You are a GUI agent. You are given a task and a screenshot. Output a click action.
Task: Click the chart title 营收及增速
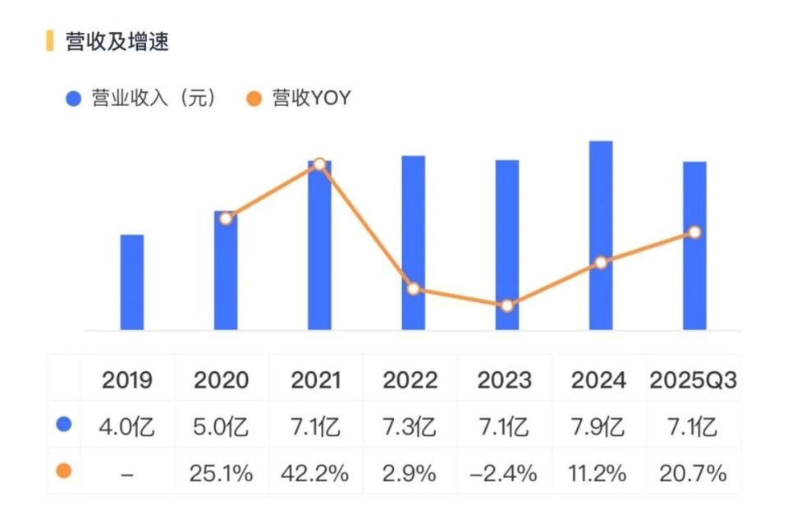(x=117, y=42)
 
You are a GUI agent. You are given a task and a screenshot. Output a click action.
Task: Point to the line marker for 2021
(x=319, y=164)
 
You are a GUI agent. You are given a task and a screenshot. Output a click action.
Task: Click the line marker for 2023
(x=507, y=306)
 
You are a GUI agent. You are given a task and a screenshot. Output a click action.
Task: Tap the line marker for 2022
(x=413, y=289)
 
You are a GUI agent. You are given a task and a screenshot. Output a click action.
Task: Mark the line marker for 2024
(x=601, y=263)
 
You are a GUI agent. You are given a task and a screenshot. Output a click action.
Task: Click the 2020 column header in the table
(x=221, y=381)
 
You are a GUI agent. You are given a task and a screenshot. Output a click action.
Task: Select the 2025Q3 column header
(x=694, y=381)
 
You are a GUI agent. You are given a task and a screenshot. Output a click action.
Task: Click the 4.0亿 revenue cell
(x=127, y=427)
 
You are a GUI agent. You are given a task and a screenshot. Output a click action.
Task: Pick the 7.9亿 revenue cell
(x=598, y=427)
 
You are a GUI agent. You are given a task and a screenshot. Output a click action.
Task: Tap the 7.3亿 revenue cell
(x=410, y=427)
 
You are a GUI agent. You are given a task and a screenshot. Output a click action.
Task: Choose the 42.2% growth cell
(x=316, y=473)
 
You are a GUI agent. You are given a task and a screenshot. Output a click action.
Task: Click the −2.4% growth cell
(x=503, y=473)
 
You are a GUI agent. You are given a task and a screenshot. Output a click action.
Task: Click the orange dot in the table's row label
(x=64, y=471)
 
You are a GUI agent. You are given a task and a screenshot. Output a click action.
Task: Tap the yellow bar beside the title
(x=50, y=41)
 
